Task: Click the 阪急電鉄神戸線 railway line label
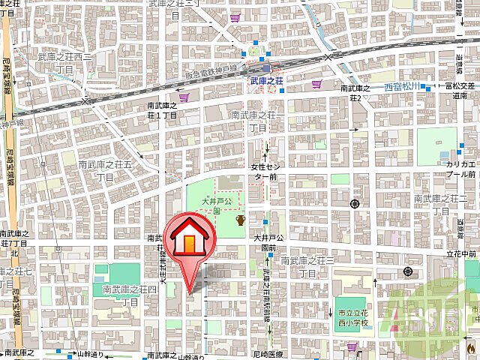coord(211,67)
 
